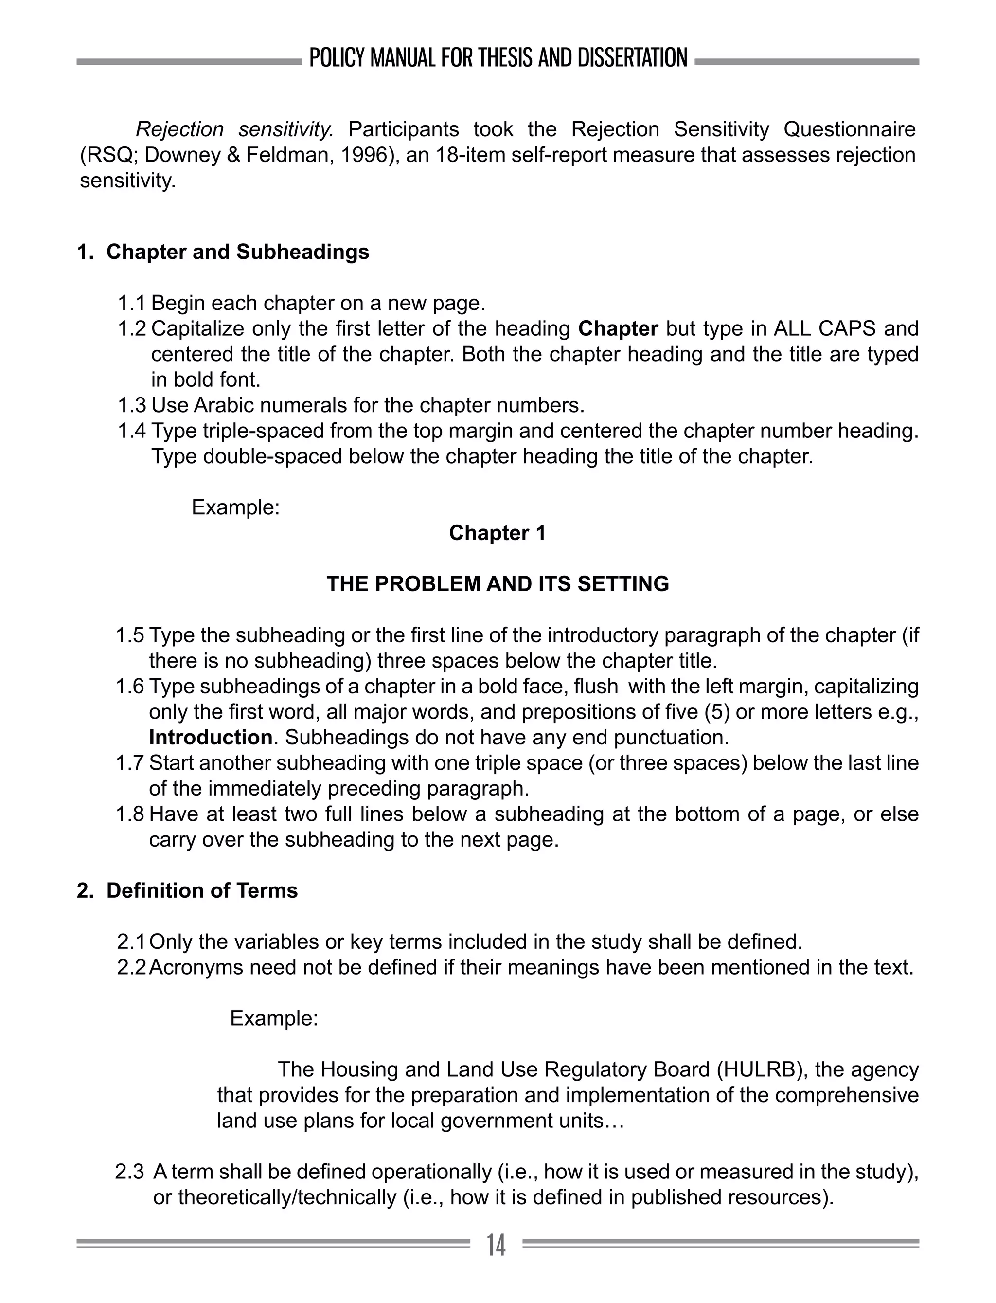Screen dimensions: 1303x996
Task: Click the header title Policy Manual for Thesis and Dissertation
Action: click(x=498, y=58)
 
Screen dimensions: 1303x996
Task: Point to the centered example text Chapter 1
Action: click(x=498, y=533)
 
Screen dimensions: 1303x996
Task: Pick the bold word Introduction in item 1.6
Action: click(x=211, y=737)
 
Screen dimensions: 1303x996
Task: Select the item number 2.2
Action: click(x=132, y=967)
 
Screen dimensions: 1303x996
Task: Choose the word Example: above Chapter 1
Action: click(x=235, y=507)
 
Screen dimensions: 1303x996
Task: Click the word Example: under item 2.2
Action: click(x=274, y=1018)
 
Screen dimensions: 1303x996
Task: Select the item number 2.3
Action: click(x=129, y=1172)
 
